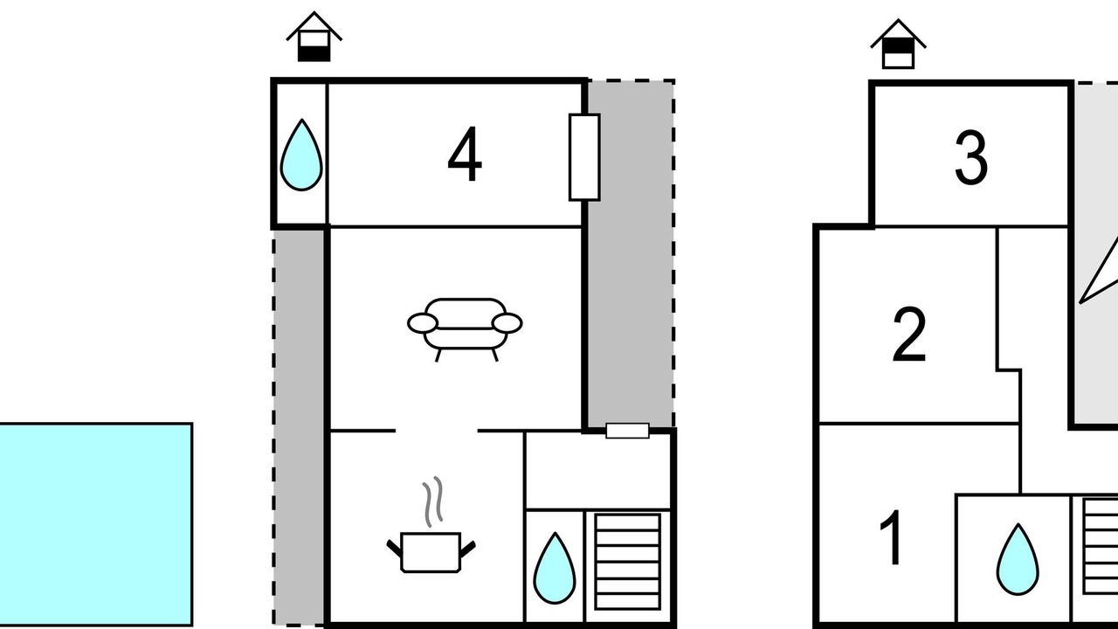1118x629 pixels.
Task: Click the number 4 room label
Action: pyautogui.click(x=465, y=154)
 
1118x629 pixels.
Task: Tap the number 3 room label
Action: pyautogui.click(x=970, y=158)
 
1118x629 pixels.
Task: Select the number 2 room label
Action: pyautogui.click(x=909, y=335)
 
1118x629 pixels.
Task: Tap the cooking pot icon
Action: pyautogui.click(x=431, y=552)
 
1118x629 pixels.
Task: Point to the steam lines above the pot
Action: pyautogui.click(x=432, y=501)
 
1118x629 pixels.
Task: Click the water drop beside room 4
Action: pyautogui.click(x=301, y=155)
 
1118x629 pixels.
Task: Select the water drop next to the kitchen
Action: pyautogui.click(x=555, y=568)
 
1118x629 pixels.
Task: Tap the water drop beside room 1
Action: pyautogui.click(x=1018, y=559)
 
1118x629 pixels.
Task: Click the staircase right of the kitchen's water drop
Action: pyautogui.click(x=628, y=562)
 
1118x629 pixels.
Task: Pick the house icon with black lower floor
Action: pyautogui.click(x=314, y=37)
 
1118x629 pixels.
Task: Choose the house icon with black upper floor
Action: pyautogui.click(x=898, y=44)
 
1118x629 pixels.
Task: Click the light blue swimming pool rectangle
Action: pyautogui.click(x=95, y=524)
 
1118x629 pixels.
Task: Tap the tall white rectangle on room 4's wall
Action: pyautogui.click(x=584, y=157)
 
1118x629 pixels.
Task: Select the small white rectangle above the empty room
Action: pyautogui.click(x=627, y=431)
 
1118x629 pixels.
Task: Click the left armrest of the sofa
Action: pyautogui.click(x=423, y=323)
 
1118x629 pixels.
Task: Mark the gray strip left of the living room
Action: pyautogui.click(x=300, y=427)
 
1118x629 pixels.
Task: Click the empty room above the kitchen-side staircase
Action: pyautogui.click(x=598, y=471)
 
